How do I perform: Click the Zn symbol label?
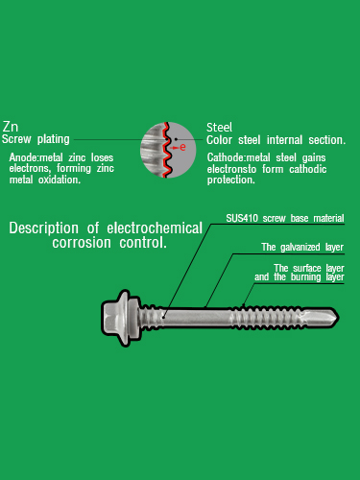click(x=11, y=127)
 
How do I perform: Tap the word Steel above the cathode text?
click(x=220, y=127)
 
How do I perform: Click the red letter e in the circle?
click(x=182, y=147)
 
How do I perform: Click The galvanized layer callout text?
click(x=302, y=247)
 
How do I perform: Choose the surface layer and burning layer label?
click(x=299, y=273)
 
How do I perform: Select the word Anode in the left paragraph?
click(x=23, y=157)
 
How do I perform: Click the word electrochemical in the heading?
click(x=155, y=228)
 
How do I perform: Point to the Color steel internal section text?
click(x=276, y=140)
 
